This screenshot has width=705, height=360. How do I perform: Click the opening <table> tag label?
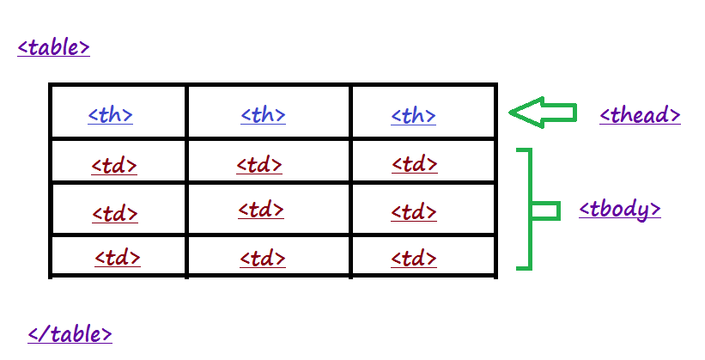point(53,47)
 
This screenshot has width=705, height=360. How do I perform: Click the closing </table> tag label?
point(70,334)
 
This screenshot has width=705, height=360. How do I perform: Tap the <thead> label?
point(640,115)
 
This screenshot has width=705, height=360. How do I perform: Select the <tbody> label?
point(619,209)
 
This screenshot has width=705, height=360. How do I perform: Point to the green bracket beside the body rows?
point(525,209)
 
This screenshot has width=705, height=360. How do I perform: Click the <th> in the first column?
point(110,115)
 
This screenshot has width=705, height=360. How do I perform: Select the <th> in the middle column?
point(263,115)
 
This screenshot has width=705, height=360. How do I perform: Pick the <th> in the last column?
point(413,115)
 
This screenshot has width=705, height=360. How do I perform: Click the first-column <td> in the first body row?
point(114,165)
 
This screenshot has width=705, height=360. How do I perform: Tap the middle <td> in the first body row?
point(259,165)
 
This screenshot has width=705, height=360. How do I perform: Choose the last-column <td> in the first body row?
point(414,164)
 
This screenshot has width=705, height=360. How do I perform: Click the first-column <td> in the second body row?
point(115,213)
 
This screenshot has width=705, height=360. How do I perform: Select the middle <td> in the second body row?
point(260,209)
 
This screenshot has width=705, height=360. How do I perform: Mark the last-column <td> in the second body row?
point(414,211)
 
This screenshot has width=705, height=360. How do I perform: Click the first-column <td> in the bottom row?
point(118,257)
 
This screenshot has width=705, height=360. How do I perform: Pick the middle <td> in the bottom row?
point(263,258)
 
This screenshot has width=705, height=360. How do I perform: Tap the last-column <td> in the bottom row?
point(414,258)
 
